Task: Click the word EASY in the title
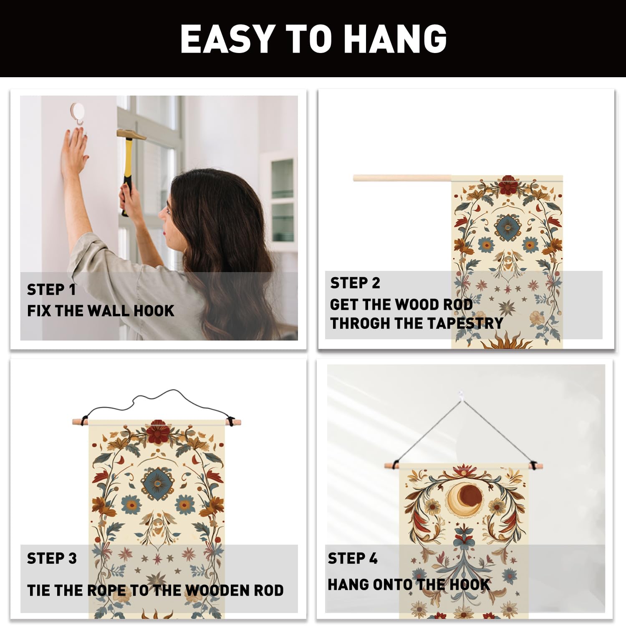(x=228, y=39)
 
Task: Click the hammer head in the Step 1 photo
(x=131, y=134)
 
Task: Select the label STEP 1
(x=51, y=289)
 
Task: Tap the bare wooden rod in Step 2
(x=402, y=178)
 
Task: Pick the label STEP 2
(x=355, y=283)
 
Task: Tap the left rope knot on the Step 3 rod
(x=85, y=419)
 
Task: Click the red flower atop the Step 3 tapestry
(x=158, y=432)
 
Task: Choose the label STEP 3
(x=52, y=558)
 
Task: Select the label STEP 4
(x=353, y=558)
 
